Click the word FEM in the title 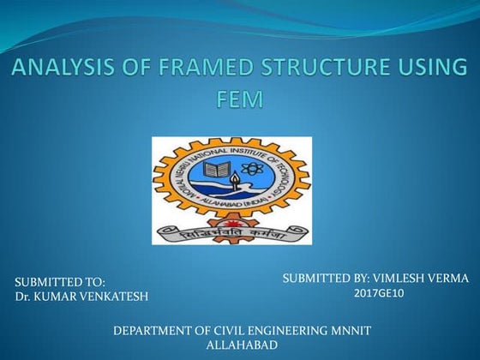tap(240, 99)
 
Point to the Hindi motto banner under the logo tap(231, 231)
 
